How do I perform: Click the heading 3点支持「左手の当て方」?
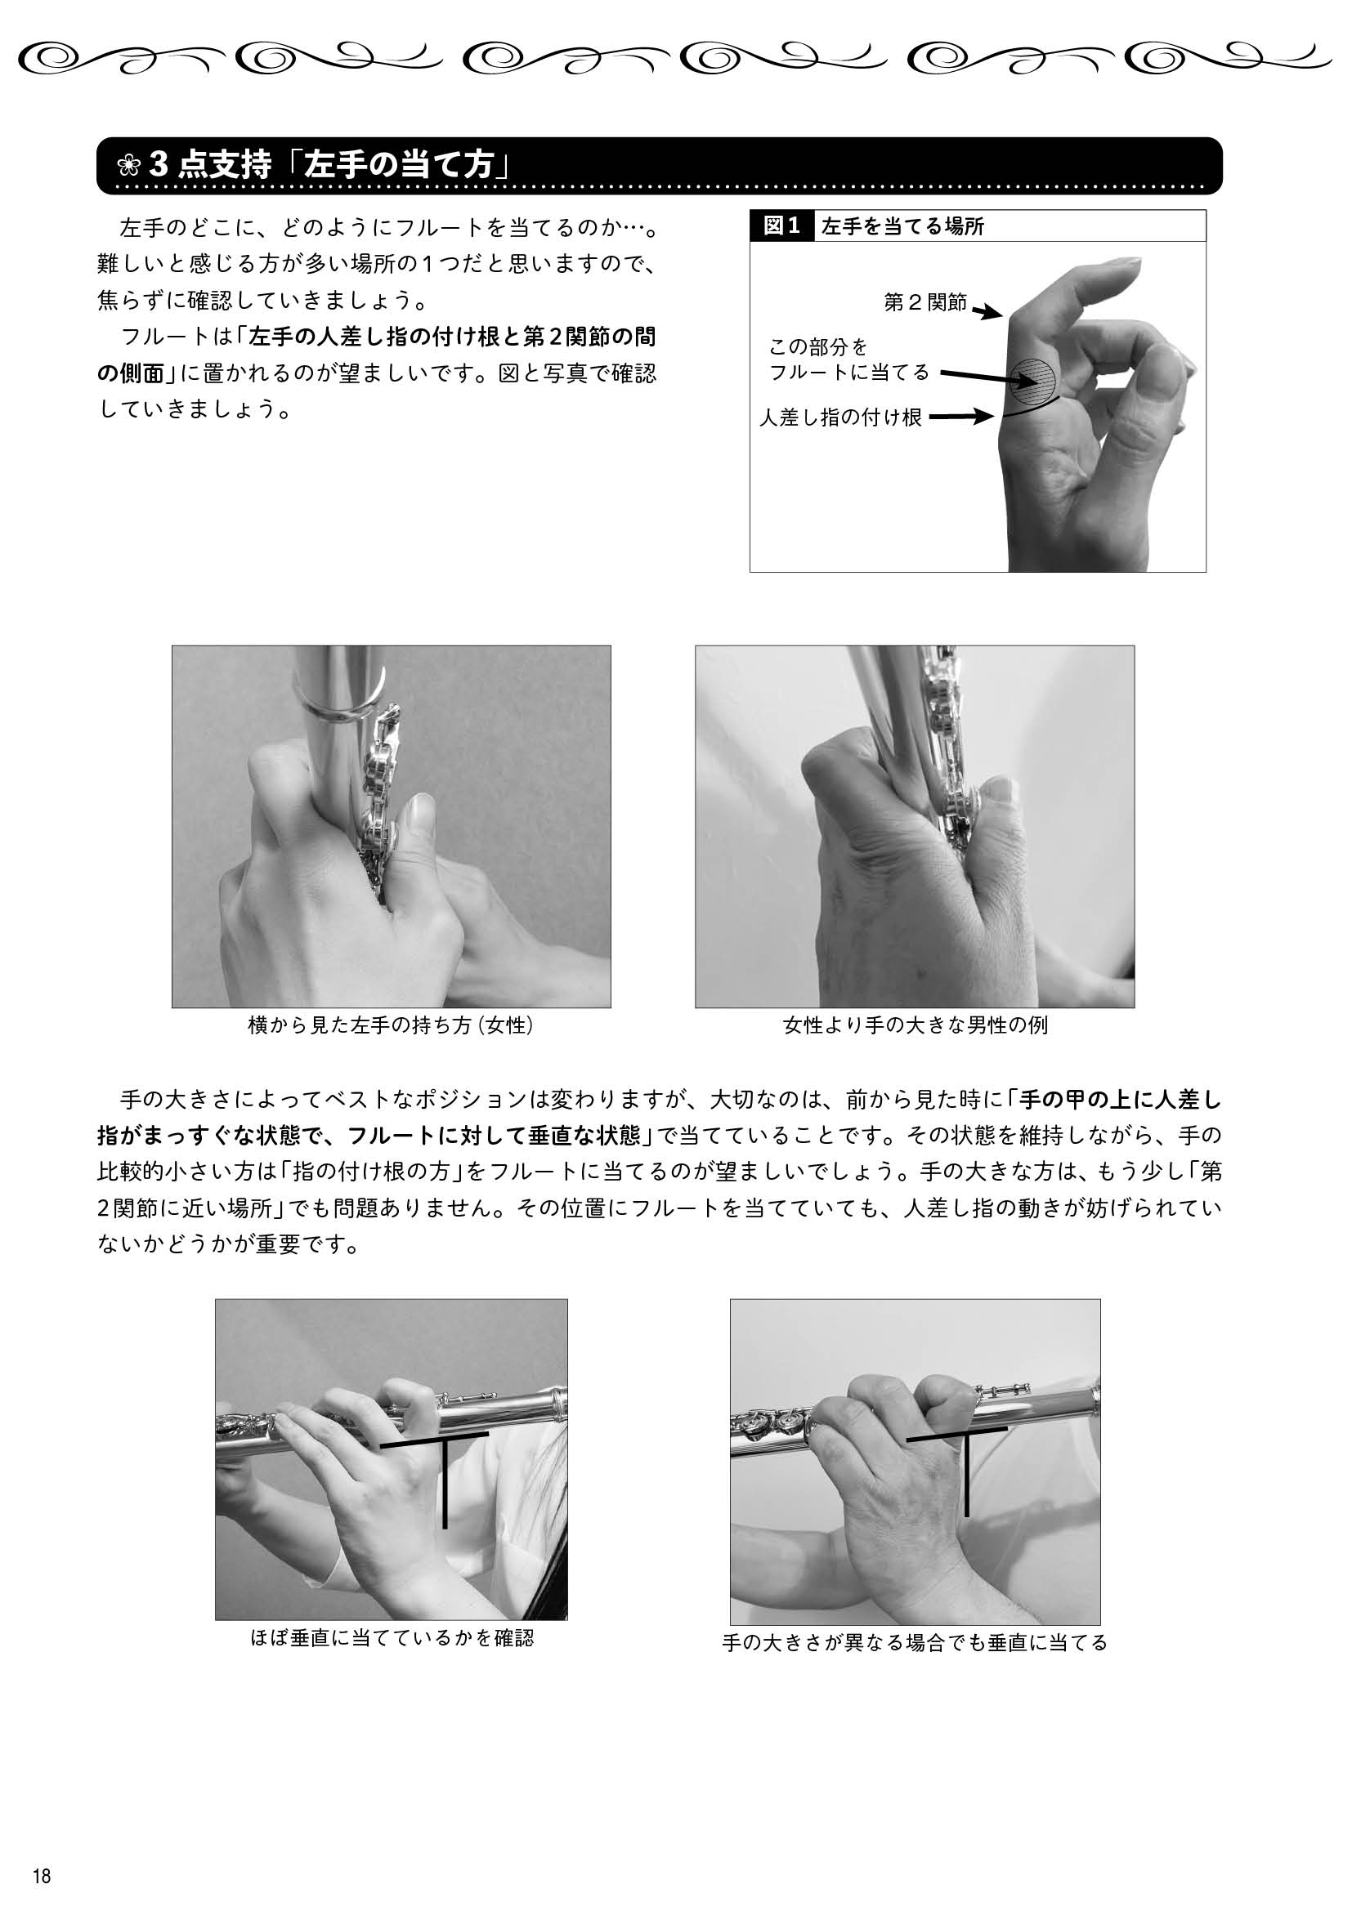pyautogui.click(x=329, y=167)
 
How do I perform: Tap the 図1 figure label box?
pyautogui.click(x=781, y=225)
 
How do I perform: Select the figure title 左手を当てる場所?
pyautogui.click(x=902, y=226)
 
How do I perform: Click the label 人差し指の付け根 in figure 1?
pyautogui.click(x=841, y=417)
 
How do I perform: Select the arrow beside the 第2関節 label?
pyautogui.click(x=987, y=312)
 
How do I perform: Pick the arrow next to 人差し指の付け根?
pyautogui.click(x=961, y=417)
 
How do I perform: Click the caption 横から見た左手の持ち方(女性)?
pyautogui.click(x=392, y=1025)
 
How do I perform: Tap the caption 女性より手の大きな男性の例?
pyautogui.click(x=915, y=1025)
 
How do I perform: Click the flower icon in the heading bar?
pyautogui.click(x=128, y=167)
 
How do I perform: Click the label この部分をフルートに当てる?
pyautogui.click(x=848, y=359)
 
